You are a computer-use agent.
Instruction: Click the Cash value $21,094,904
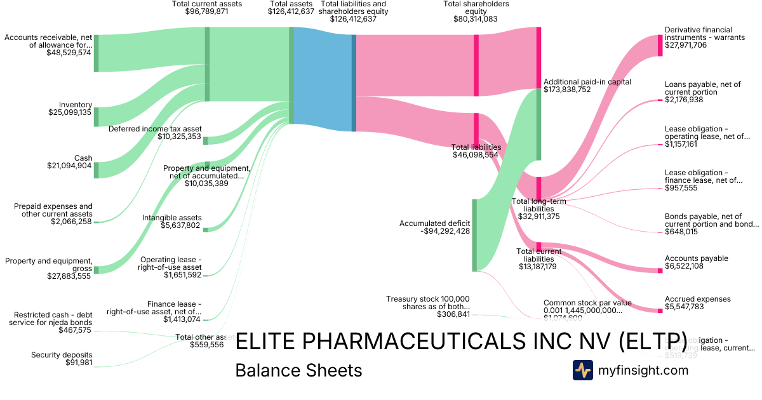(69, 166)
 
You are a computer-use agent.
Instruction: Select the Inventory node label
(76, 105)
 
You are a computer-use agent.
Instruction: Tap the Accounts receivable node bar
(97, 53)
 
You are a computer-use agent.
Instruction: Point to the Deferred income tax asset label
(155, 129)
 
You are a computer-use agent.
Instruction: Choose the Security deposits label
(62, 355)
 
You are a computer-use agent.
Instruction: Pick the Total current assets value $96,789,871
(206, 11)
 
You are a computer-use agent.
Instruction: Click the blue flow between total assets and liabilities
(323, 79)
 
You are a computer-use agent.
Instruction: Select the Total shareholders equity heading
(476, 8)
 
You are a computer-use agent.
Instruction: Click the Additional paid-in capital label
(587, 82)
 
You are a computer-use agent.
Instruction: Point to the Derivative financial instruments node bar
(660, 46)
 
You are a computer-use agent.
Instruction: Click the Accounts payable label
(696, 258)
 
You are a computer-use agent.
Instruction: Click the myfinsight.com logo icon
(582, 370)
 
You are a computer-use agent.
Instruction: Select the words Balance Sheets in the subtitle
(298, 370)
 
